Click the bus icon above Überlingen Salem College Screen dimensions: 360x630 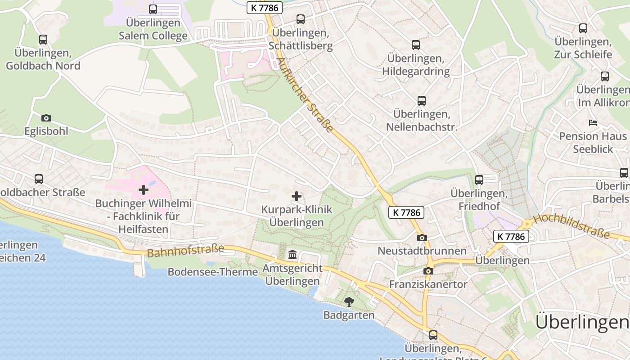click(153, 9)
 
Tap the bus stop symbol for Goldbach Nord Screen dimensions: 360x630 click(43, 40)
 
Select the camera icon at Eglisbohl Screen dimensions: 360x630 click(46, 118)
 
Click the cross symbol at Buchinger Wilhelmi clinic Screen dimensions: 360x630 click(144, 190)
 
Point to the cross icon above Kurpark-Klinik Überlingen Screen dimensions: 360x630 click(297, 196)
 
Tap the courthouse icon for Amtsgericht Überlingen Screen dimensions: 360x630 click(292, 255)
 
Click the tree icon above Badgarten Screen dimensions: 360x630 click(349, 302)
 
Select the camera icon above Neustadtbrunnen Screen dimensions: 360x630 click(422, 238)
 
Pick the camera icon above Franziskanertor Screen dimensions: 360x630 click(428, 271)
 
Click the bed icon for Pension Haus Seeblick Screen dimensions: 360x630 click(593, 122)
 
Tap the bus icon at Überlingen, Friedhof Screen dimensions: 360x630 click(479, 180)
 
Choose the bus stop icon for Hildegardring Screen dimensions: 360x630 click(416, 45)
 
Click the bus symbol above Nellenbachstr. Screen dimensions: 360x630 click(422, 101)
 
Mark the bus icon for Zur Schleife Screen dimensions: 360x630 click(583, 28)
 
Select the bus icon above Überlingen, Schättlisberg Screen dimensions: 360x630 click(301, 19)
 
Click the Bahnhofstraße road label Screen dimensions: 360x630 click(185, 250)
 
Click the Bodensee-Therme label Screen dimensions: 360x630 click(213, 272)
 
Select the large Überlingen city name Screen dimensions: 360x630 click(581, 322)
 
